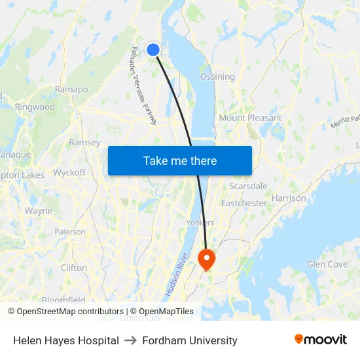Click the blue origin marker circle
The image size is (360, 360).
[x=153, y=50]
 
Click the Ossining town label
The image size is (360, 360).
[x=217, y=77]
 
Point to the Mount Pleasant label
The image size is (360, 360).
[x=250, y=118]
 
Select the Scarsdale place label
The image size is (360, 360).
[x=248, y=186]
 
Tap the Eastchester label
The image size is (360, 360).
[x=243, y=203]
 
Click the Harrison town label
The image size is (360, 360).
[x=288, y=198]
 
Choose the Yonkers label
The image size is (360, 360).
[x=200, y=223]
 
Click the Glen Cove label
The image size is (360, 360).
[x=327, y=264]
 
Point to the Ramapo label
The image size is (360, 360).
[x=71, y=89]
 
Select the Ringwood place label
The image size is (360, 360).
[x=35, y=107]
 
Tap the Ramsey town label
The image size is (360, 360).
[x=84, y=143]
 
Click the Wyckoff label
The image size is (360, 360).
[x=69, y=173]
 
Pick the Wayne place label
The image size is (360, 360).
[x=38, y=211]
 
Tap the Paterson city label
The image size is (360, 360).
[x=70, y=232]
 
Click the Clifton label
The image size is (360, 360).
[x=73, y=268]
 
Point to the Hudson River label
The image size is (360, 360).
[x=177, y=274]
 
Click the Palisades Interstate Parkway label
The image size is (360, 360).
[x=143, y=86]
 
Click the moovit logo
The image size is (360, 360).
[x=320, y=340]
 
